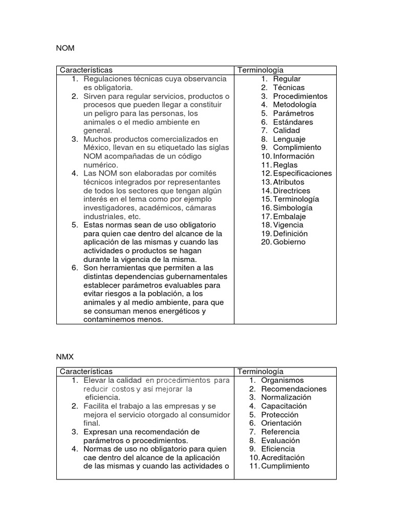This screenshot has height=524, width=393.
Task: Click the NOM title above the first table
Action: point(65,48)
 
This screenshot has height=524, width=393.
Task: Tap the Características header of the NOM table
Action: point(86,70)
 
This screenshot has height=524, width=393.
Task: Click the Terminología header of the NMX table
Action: point(260,372)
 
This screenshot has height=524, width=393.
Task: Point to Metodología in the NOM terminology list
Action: point(294,104)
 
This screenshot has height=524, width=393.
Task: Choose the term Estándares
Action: point(293,122)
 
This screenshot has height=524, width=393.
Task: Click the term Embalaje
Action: point(289,216)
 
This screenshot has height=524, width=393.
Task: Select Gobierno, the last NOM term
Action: point(289,242)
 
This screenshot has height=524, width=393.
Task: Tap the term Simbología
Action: point(293,208)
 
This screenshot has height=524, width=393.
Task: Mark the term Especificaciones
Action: point(302,173)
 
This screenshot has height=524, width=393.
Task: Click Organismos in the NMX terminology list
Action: point(282,380)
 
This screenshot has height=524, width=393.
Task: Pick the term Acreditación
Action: point(282,457)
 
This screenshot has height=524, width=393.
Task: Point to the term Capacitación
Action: point(284,406)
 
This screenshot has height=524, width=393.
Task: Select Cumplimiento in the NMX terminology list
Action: point(285,466)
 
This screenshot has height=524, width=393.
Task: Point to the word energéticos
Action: point(179,311)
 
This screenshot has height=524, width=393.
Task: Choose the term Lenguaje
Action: point(289,139)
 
